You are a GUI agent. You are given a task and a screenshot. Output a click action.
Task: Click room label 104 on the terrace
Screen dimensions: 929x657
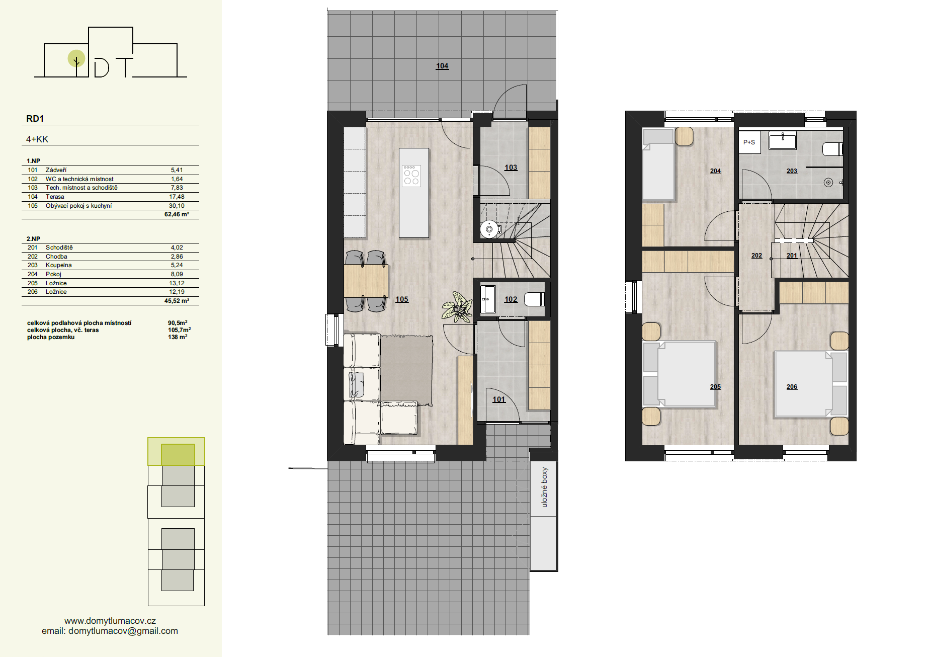(442, 66)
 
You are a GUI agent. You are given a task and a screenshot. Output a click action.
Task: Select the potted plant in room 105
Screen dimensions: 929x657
(457, 307)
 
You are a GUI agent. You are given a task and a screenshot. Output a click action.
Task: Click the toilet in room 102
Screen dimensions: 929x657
(534, 299)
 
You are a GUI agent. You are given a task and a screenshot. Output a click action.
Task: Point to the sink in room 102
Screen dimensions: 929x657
(488, 299)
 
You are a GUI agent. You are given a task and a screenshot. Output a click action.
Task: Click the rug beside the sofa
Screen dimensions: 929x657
(406, 370)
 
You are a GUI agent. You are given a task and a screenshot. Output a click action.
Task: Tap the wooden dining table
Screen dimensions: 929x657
(366, 281)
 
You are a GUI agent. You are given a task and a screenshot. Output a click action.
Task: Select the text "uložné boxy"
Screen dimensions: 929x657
(544, 487)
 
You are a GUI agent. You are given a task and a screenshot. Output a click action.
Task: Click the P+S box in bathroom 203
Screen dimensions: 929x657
(749, 142)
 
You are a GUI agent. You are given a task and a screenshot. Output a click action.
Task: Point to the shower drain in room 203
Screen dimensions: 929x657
(828, 183)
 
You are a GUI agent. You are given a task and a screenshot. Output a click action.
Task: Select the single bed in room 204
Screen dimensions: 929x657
(658, 165)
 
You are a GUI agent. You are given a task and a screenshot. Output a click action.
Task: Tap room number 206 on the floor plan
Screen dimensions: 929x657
(792, 387)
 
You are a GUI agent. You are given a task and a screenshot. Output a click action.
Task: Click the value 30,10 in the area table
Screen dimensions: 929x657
(177, 206)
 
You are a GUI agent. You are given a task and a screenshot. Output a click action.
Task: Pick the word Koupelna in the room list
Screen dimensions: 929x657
(59, 265)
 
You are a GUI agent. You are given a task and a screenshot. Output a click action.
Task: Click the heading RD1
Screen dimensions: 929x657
(35, 119)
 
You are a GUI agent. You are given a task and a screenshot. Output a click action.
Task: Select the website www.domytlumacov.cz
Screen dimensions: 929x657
(110, 621)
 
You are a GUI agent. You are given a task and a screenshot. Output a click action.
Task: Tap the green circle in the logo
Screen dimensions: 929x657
(76, 58)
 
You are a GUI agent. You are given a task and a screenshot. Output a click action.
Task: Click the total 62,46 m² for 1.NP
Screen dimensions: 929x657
(177, 214)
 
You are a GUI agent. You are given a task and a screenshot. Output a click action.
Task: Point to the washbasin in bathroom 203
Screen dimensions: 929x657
(783, 140)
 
